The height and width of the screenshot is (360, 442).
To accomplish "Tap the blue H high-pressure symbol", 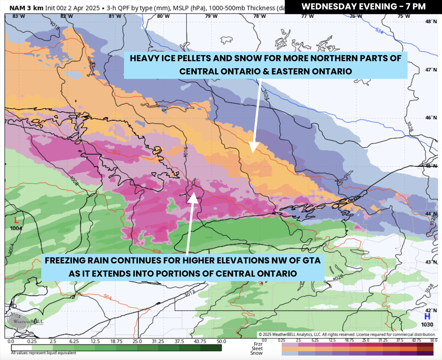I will point(427,316).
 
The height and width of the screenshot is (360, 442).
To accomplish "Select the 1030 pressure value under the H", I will point(427,324).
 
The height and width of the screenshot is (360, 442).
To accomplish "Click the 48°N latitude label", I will point(431,21).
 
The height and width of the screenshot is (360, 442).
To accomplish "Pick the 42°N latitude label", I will point(431,311).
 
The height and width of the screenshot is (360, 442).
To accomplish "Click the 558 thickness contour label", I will point(157,251).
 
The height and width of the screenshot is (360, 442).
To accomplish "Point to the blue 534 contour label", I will point(380,30).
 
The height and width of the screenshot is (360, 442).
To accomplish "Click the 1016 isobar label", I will point(186,152).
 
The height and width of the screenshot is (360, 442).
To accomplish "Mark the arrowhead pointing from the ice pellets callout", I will point(253,147).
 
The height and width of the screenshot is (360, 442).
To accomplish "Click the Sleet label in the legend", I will point(257,349).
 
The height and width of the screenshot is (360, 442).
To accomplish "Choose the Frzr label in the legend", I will point(258,344).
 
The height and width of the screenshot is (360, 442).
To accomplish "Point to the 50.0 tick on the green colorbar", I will point(221,341).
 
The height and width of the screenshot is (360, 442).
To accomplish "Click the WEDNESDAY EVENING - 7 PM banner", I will point(363,7).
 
